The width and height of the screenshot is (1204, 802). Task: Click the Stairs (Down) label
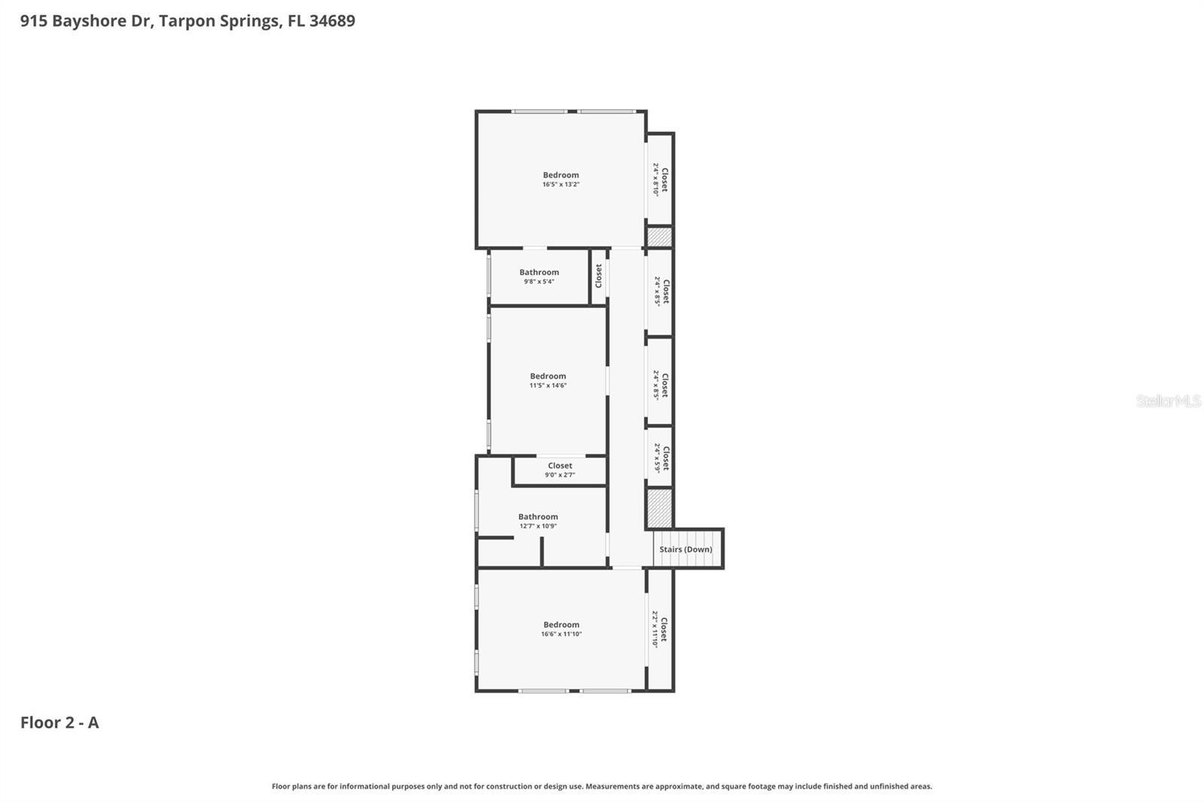[686, 549]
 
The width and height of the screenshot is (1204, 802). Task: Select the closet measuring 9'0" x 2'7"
[560, 470]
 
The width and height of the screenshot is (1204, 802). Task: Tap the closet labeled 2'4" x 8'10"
[660, 180]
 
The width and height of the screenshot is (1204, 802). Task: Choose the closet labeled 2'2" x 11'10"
[659, 629]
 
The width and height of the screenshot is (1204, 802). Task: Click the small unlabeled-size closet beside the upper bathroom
[599, 276]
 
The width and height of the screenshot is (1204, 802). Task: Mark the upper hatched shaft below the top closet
[659, 237]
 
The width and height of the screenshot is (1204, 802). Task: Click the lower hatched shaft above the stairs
[659, 509]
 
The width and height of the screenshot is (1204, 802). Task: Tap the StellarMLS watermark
[1168, 401]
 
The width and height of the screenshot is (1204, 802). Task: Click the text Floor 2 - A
[59, 722]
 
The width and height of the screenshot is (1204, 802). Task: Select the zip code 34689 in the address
[332, 21]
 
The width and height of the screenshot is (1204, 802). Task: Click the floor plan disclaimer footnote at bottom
[601, 786]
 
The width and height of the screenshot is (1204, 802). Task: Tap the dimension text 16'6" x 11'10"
[561, 634]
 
